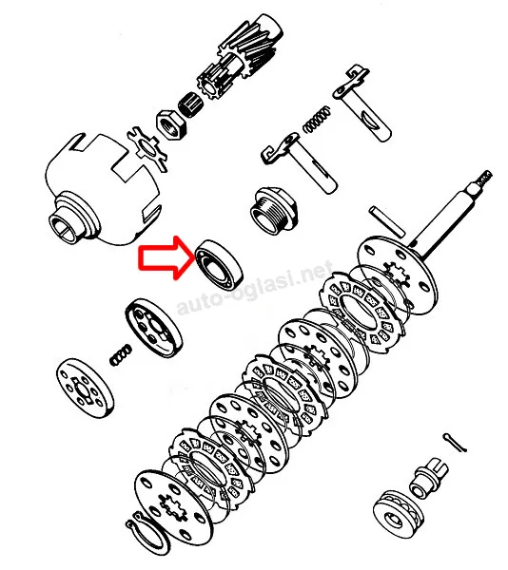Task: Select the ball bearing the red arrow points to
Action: pyautogui.click(x=219, y=265)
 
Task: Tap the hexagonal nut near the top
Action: pyautogui.click(x=171, y=124)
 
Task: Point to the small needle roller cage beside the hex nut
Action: pyautogui.click(x=191, y=104)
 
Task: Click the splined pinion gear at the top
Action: pyautogui.click(x=240, y=57)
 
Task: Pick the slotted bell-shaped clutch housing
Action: pyautogui.click(x=103, y=189)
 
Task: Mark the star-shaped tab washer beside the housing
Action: pyautogui.click(x=148, y=148)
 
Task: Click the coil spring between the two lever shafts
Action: pyautogui.click(x=318, y=120)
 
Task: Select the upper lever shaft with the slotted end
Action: pyautogui.click(x=362, y=104)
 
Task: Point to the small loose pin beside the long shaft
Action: pyautogui.click(x=387, y=221)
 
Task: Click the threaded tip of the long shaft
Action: pyautogui.click(x=483, y=179)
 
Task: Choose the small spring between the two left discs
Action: pyautogui.click(x=121, y=354)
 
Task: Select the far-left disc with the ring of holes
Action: pyautogui.click(x=86, y=389)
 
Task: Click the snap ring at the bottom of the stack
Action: pyautogui.click(x=147, y=533)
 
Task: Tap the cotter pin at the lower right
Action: pyautogui.click(x=455, y=443)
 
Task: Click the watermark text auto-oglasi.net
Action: pyautogui.click(x=255, y=287)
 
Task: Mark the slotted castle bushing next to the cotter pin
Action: pyautogui.click(x=429, y=477)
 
